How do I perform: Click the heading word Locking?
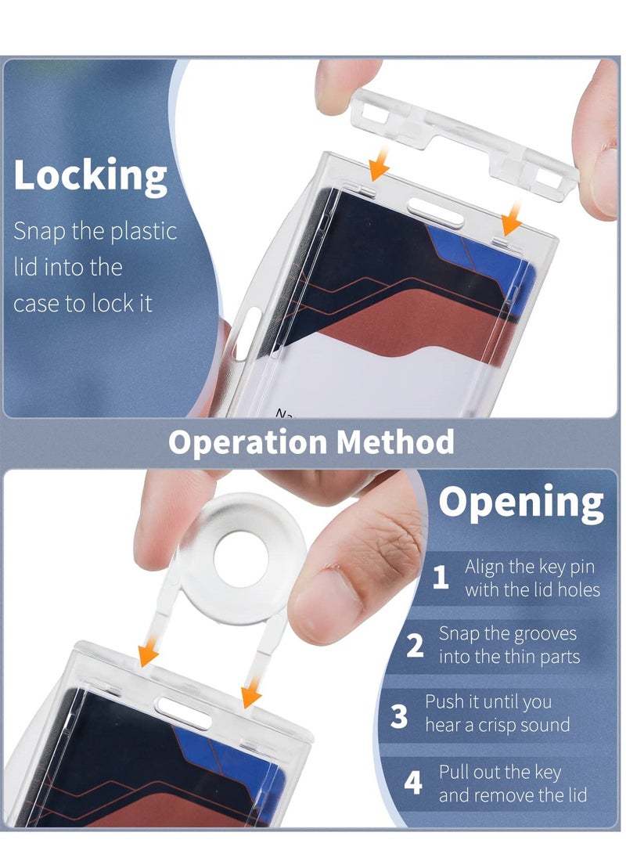click(90, 175)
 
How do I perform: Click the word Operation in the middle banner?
click(247, 442)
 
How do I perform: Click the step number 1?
click(441, 578)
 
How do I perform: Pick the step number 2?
click(416, 646)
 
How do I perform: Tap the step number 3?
click(399, 714)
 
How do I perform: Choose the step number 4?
click(413, 783)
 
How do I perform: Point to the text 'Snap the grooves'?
click(507, 633)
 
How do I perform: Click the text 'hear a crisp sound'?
click(497, 725)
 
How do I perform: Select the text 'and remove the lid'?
click(513, 796)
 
